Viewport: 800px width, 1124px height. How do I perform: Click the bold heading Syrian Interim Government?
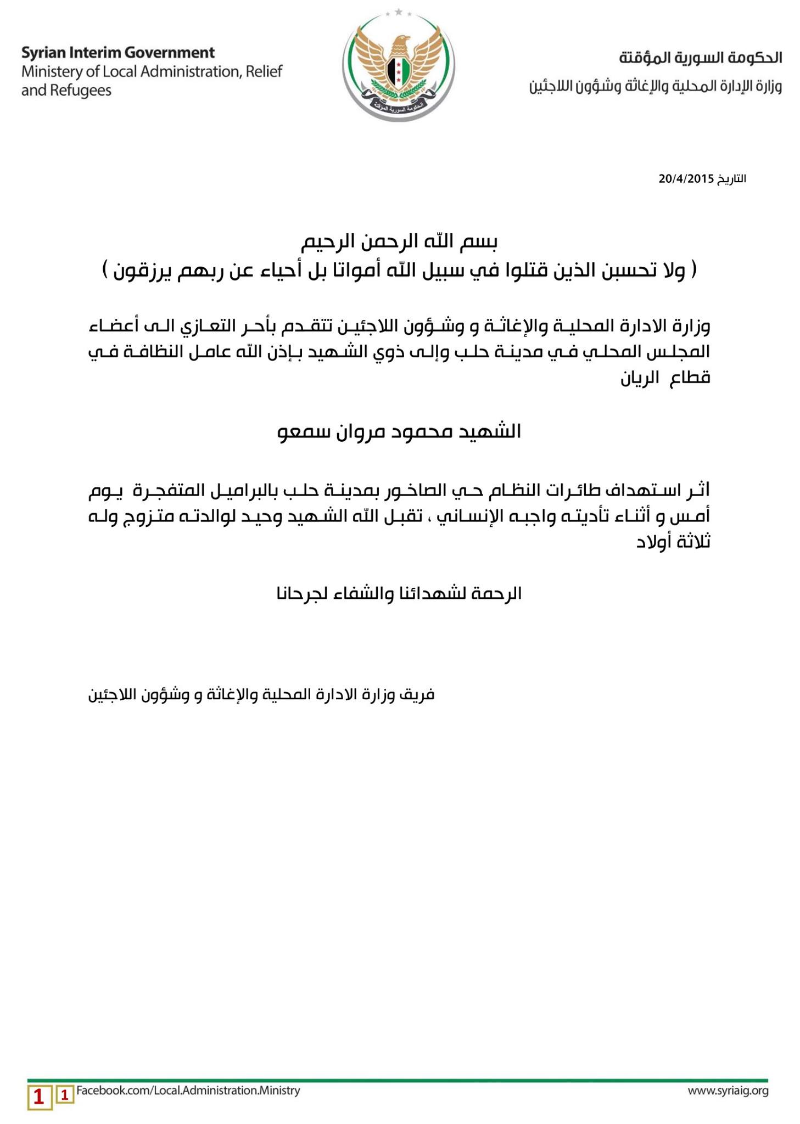[x=118, y=53]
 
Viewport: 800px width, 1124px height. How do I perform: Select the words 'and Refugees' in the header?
[x=66, y=91]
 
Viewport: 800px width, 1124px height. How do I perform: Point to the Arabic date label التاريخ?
[x=731, y=179]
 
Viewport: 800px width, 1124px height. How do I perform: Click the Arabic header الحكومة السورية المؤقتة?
[x=700, y=57]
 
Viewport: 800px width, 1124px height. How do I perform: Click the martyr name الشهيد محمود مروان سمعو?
[x=399, y=432]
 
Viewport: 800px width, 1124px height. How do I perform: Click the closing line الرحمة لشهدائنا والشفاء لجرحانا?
[x=399, y=593]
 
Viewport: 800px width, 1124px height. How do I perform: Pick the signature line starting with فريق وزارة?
[x=261, y=695]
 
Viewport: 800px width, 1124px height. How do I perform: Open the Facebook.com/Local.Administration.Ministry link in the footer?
[x=188, y=1091]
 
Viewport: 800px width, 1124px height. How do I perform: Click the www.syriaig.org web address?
[x=728, y=1091]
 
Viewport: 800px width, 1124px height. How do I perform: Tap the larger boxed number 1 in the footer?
[x=39, y=1097]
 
